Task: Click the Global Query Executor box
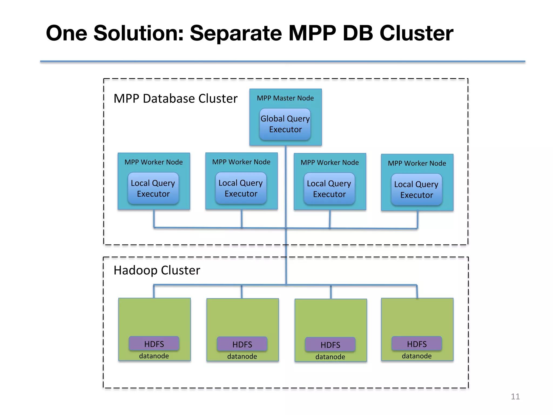coord(285,124)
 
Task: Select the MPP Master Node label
coord(285,98)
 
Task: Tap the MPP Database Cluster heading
coord(176,99)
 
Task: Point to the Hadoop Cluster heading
coord(157,270)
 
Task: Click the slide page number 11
coord(515,397)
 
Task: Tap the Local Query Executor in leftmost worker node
coord(153,188)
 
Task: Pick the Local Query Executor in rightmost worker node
coord(416,190)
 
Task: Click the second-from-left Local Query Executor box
coord(241,188)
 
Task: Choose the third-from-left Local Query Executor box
coord(329,189)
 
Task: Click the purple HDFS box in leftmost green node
coord(154,344)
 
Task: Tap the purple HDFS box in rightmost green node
coord(417,344)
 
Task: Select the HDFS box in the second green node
coord(242,344)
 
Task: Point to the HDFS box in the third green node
coord(330,344)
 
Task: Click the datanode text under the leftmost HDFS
coord(154,356)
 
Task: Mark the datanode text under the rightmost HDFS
coord(417,356)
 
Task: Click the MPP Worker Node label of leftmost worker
coord(154,162)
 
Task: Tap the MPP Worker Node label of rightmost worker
coord(417,163)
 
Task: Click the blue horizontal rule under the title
coord(282,62)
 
